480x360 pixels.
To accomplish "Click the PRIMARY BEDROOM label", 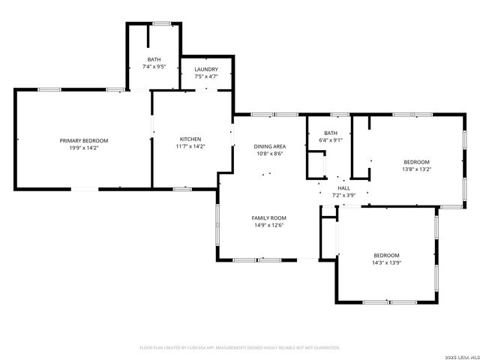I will pos(84,140).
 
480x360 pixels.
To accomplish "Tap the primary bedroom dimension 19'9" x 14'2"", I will pos(84,148).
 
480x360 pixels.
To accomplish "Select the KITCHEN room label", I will pos(190,139).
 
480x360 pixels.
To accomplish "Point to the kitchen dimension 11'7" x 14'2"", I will pos(190,147).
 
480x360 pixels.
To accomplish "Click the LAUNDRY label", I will pos(206,69).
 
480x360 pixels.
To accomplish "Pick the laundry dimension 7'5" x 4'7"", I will pos(206,76).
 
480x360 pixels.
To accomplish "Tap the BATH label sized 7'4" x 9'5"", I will pos(154,60).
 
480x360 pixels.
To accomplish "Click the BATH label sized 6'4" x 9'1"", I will pos(331,133).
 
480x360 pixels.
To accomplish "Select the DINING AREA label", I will pos(268,146).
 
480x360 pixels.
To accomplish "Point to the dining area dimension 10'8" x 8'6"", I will pos(268,154).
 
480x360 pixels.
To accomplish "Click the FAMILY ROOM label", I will pos(268,217).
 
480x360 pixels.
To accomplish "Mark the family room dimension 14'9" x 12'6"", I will pos(268,225).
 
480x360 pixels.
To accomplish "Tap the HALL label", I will pos(343,188).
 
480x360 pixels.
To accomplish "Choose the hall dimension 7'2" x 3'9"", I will pos(343,195).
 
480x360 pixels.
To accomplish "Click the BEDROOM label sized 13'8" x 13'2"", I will pos(416,162).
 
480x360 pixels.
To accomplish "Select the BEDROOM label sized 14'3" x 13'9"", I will pos(386,255).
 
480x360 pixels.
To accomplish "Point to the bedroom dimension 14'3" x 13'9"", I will pos(386,262).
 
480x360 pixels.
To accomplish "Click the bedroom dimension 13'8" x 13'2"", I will pos(416,169).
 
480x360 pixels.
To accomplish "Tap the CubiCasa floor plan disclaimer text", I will pos(240,347).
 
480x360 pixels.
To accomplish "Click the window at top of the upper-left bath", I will pos(160,24).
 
